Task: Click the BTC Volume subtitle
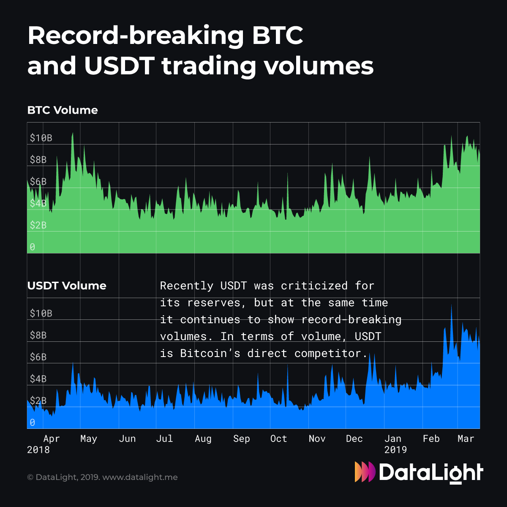tap(63, 110)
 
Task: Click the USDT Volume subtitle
tap(67, 286)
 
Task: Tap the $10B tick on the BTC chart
tap(41, 138)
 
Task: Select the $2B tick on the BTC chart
tap(38, 225)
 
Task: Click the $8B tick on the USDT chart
tap(38, 335)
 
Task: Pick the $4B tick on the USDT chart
tap(38, 379)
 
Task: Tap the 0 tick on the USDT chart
tap(33, 422)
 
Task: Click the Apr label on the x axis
tap(52, 439)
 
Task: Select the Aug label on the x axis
tap(203, 439)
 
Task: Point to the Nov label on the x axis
tap(317, 439)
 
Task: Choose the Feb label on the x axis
tap(431, 439)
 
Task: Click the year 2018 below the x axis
tap(38, 450)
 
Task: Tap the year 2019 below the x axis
tap(395, 450)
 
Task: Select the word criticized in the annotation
tap(314, 286)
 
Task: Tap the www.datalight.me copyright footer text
tap(140, 477)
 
